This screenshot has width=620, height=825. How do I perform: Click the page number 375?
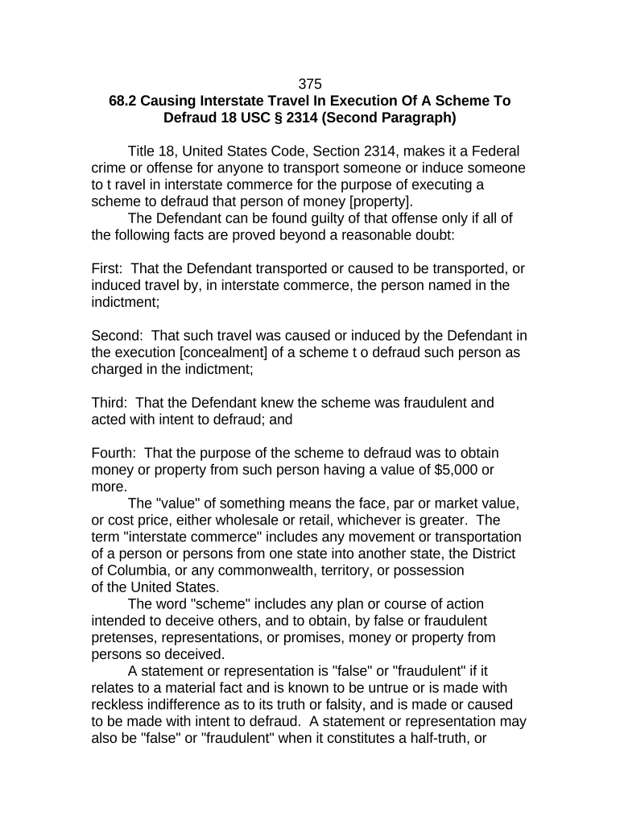click(x=310, y=84)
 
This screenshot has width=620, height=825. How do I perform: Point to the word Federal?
click(x=490, y=151)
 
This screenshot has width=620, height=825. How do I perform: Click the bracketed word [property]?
click(x=371, y=202)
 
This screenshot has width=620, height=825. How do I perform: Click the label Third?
click(x=110, y=402)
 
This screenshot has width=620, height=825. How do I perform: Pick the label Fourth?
click(x=114, y=453)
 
